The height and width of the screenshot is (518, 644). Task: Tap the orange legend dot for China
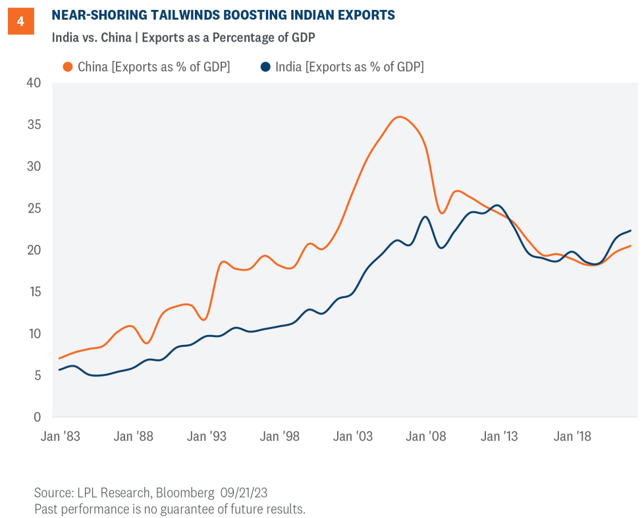coord(67,66)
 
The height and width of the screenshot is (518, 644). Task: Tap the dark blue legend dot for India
coord(265,66)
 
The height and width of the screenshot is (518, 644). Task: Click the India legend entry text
coord(350,66)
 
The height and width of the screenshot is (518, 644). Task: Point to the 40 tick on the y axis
coord(34,83)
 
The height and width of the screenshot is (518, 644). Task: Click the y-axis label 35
coord(34,124)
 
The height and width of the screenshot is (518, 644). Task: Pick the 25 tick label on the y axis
coord(34,208)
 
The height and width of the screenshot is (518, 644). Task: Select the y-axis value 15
coord(34,292)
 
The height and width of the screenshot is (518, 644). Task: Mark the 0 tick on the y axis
coord(37,417)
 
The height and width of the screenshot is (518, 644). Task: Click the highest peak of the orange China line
coord(400,117)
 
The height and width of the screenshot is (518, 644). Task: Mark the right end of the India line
coord(631,230)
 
